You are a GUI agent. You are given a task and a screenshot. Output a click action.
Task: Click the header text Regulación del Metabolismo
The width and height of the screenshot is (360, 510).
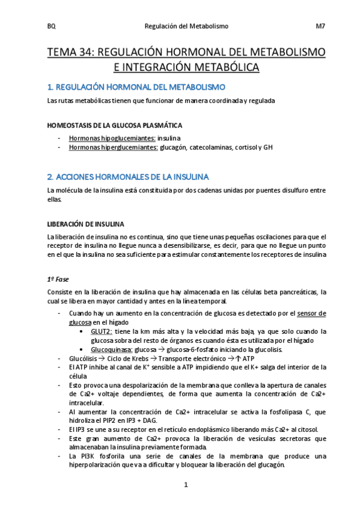(187, 26)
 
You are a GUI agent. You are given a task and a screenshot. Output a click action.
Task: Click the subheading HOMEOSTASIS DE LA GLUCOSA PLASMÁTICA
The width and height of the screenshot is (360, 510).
(115, 125)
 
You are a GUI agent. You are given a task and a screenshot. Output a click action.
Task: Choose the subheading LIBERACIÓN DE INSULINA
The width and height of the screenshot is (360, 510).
(86, 224)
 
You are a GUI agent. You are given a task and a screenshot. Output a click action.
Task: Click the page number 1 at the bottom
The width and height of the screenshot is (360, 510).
(186, 485)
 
